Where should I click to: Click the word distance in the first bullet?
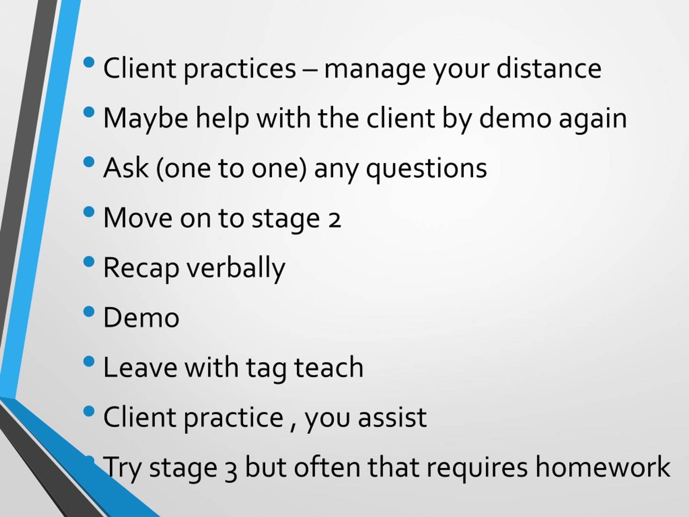(549, 68)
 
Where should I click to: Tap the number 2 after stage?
(335, 221)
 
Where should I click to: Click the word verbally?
(236, 270)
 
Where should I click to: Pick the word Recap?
(141, 270)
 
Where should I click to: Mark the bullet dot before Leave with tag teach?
(89, 361)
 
